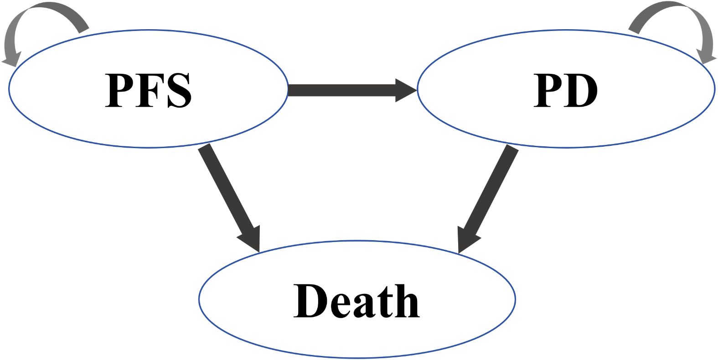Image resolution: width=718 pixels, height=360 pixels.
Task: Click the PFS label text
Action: click(149, 90)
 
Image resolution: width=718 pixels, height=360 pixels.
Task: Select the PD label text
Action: click(565, 90)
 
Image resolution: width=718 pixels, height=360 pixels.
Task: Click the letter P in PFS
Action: click(119, 90)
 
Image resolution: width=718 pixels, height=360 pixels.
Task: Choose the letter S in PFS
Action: click(179, 90)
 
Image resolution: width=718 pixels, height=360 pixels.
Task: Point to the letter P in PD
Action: click(548, 90)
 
